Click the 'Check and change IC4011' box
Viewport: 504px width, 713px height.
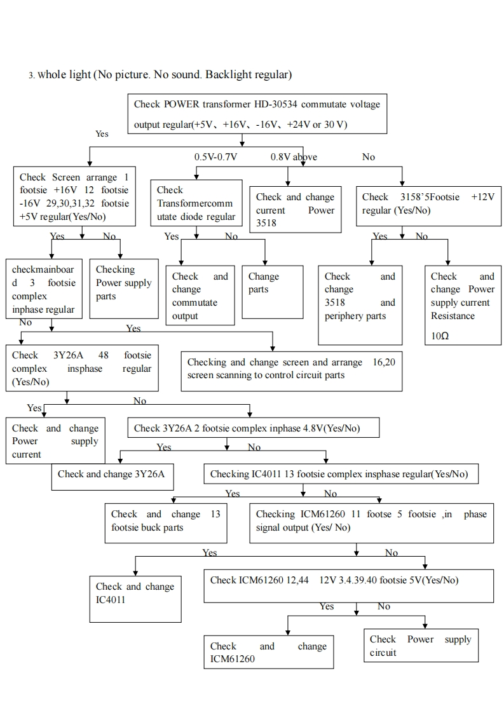pos(135,594)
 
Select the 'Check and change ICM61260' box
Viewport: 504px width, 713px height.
pos(268,652)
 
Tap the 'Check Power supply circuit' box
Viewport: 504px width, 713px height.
pos(421,646)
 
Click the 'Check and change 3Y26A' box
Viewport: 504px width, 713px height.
pos(112,474)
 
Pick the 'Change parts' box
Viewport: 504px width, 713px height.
pos(273,291)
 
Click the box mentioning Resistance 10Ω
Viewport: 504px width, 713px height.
pos(462,306)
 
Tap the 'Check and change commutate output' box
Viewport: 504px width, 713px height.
pos(200,297)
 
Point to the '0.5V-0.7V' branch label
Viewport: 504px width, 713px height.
pos(215,157)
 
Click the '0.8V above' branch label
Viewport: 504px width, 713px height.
pos(294,157)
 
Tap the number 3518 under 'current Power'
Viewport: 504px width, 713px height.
pos(266,223)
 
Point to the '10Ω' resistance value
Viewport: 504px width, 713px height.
pos(440,336)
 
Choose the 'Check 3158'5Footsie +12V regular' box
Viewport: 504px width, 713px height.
pos(428,203)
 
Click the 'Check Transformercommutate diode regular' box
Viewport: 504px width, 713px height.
pos(196,203)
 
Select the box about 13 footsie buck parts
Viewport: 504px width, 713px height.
pos(165,522)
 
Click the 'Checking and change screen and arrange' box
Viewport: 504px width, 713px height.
pos(291,369)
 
